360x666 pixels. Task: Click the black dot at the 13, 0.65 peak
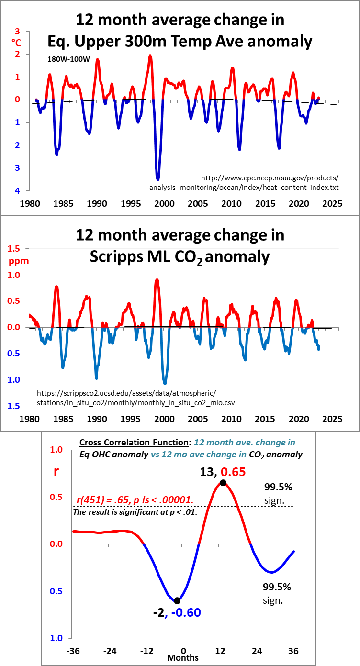click(x=223, y=482)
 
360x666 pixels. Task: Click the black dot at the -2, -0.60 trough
click(x=177, y=600)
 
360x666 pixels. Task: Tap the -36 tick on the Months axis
click(x=73, y=651)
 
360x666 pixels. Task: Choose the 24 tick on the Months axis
click(x=257, y=651)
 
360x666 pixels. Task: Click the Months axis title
click(x=183, y=658)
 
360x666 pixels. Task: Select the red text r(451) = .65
click(x=105, y=500)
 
